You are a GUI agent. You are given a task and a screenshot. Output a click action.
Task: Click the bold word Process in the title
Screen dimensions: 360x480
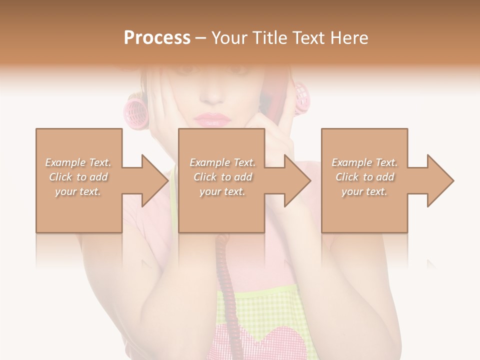[157, 38]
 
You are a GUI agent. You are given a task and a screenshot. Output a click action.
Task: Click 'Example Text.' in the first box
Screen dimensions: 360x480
[78, 162]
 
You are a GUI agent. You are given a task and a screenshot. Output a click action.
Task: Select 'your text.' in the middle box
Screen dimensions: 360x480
[222, 191]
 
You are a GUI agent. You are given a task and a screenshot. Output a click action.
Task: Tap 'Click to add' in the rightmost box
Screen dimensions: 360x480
[364, 177]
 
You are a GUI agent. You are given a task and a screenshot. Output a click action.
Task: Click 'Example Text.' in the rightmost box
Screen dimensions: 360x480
[364, 162]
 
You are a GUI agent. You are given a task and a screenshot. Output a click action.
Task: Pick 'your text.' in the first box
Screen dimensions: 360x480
[78, 191]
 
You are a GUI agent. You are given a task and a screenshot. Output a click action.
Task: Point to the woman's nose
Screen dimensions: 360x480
[214, 92]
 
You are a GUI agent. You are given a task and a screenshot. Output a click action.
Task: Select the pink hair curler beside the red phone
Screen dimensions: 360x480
[301, 98]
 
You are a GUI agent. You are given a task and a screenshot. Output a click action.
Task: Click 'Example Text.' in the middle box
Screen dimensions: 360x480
[222, 162]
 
